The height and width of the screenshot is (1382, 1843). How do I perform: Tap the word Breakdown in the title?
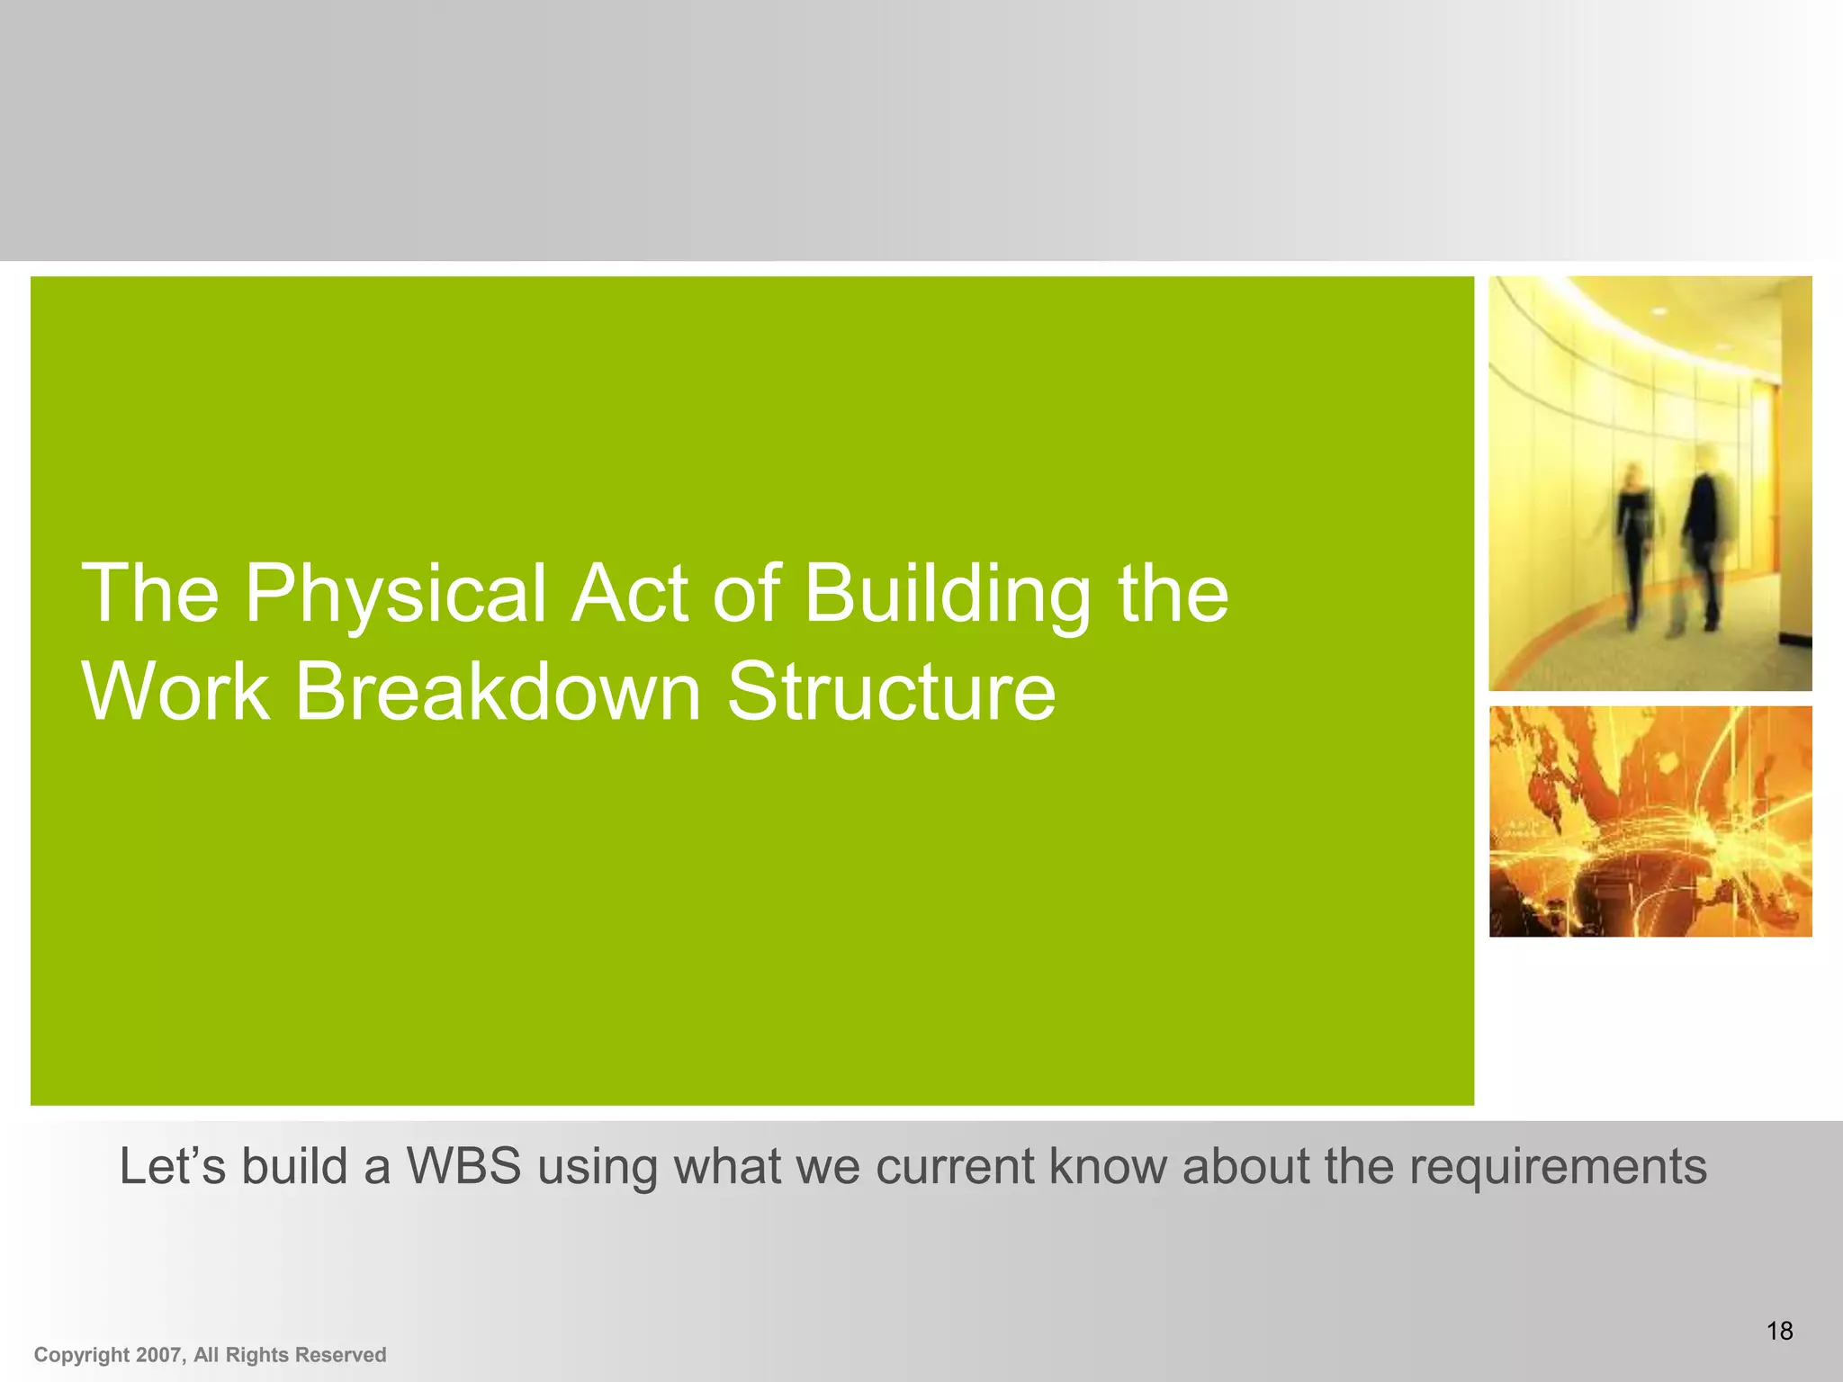[497, 693]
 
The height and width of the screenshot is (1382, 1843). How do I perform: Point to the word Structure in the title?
[891, 693]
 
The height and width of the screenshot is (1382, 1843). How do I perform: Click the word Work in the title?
[175, 693]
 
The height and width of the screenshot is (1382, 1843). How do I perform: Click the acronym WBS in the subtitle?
[463, 1166]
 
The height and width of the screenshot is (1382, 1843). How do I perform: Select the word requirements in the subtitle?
[1557, 1168]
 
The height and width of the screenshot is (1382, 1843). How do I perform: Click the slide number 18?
[1779, 1331]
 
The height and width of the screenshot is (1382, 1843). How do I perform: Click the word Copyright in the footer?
[82, 1355]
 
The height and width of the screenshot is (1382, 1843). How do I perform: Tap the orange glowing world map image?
[1650, 821]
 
